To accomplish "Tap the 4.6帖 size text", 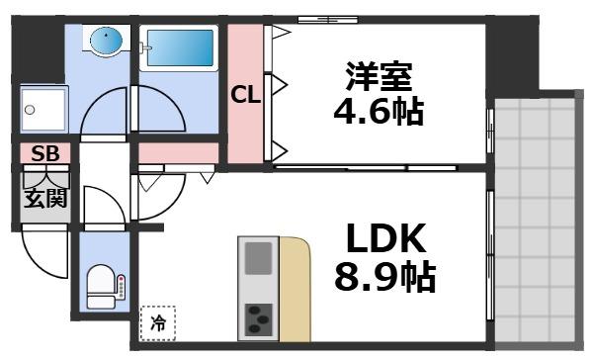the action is pyautogui.click(x=378, y=111).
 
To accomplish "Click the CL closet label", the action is pyautogui.click(x=245, y=96).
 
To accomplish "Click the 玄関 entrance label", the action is pyautogui.click(x=45, y=198).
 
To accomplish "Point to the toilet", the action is pyautogui.click(x=103, y=286).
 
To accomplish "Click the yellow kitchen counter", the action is pyautogui.click(x=294, y=287).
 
